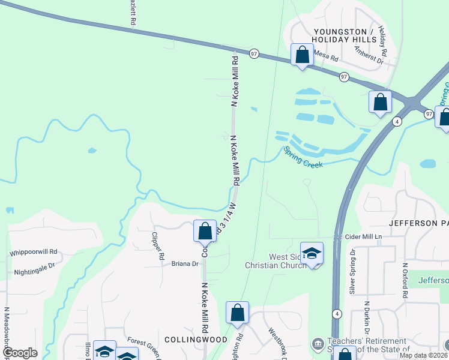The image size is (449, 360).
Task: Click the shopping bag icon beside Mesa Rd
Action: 302,55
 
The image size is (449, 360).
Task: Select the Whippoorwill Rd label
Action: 34,253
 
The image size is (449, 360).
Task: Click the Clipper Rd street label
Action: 158,245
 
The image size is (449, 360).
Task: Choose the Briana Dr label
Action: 185,263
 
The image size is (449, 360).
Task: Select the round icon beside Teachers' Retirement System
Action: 316,344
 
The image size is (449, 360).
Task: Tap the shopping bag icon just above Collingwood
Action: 237,313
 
